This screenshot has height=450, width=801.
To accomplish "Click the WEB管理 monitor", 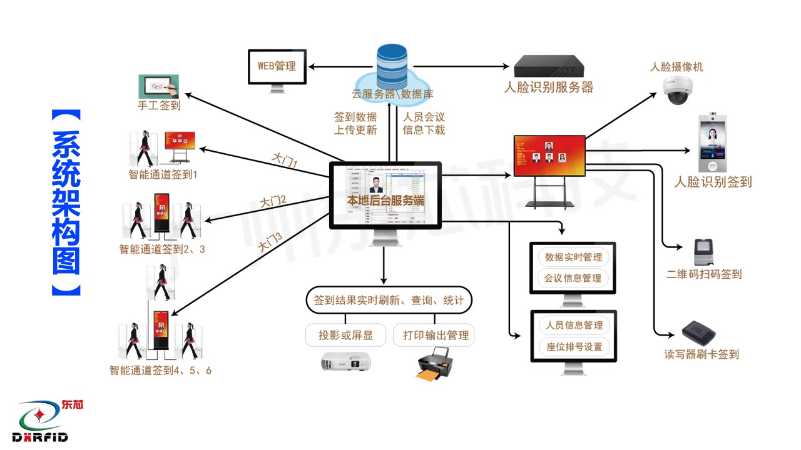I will (x=277, y=67).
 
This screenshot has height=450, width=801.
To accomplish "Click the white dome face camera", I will (x=678, y=89).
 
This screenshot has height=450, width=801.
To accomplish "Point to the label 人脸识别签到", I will (x=713, y=182).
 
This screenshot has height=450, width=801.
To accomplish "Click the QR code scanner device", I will (x=705, y=252).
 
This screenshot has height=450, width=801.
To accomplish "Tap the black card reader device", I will (x=699, y=331).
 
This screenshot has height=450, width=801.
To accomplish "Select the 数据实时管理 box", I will (x=573, y=257).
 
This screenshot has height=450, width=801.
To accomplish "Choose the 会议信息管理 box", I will (x=573, y=278).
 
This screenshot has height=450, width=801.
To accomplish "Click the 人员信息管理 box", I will (x=574, y=325).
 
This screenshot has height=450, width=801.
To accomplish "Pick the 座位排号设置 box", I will (x=574, y=346).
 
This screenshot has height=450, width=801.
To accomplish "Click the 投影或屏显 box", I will (x=345, y=335).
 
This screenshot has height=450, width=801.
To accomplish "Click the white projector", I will (x=345, y=361).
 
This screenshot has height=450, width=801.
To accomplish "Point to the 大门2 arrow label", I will (x=273, y=201).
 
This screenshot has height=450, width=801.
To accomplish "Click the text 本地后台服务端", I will (x=385, y=201).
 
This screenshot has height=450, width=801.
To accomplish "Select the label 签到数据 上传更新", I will (x=355, y=124).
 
